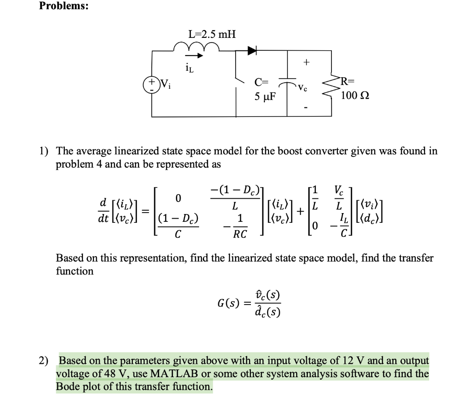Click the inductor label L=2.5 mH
coord(212,34)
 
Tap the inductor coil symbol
coord(195,46)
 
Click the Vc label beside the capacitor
coord(302,86)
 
